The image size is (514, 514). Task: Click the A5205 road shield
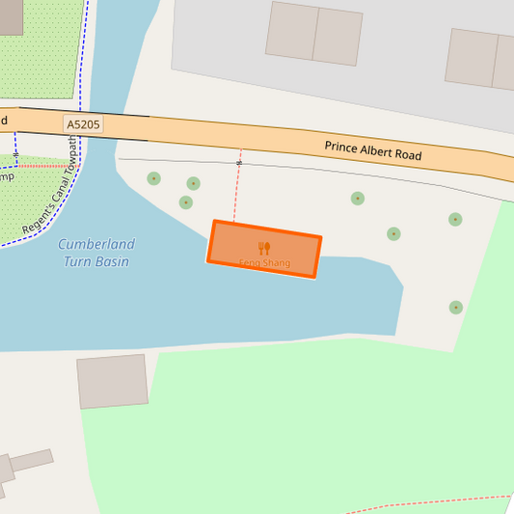pos(83,124)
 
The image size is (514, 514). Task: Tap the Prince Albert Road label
pos(372,150)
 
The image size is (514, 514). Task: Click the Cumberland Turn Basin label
pos(96,253)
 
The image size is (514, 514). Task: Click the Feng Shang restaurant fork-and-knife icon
pos(264,248)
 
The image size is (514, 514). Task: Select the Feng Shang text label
pos(264,262)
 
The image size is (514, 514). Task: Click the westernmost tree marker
pos(153,178)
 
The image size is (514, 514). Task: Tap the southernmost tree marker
pos(455,308)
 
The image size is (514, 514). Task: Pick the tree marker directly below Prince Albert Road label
pos(358,199)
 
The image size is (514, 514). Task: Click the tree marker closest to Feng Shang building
pos(186,203)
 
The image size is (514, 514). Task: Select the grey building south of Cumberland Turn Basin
pos(113,381)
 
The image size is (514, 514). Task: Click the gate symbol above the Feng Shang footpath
pos(239,163)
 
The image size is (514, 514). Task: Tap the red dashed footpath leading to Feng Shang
pos(236,193)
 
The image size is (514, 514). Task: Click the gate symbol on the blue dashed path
pos(16,154)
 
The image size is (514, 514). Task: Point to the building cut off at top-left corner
pos(11,16)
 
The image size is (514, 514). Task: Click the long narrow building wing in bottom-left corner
pos(32,460)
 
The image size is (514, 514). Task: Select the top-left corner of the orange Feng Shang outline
pos(215,223)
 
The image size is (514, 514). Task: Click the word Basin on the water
pos(110,261)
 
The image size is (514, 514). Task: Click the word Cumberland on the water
pos(96,244)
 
